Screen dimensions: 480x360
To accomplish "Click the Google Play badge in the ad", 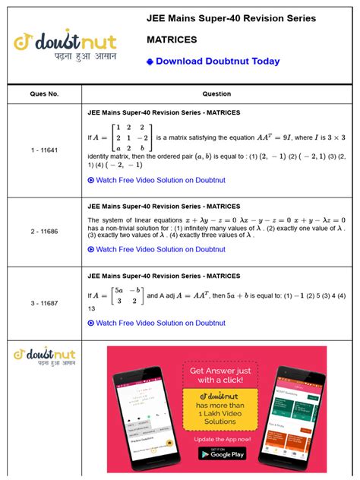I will pos(222,453).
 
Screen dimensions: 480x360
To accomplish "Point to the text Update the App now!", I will pos(222,439).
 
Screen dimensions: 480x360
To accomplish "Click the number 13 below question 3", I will pos(92,308).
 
